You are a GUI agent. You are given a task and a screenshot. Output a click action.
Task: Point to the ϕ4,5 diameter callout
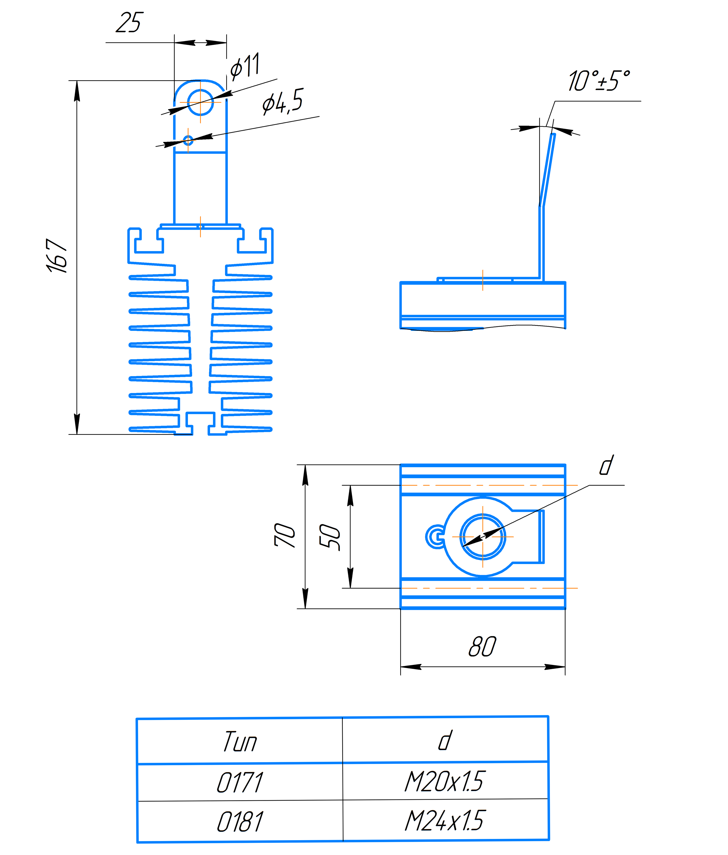click(x=283, y=101)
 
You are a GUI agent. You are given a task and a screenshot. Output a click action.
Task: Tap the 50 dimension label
click(x=330, y=537)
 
